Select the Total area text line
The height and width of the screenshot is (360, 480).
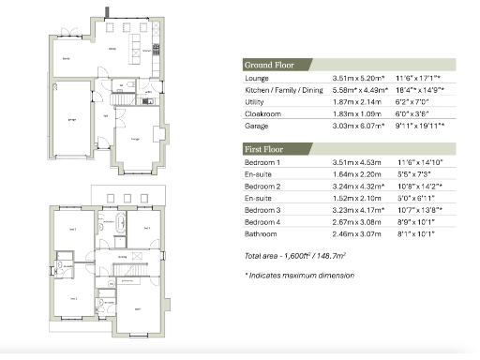[295, 258]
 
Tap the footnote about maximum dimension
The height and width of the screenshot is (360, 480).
[299, 276]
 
